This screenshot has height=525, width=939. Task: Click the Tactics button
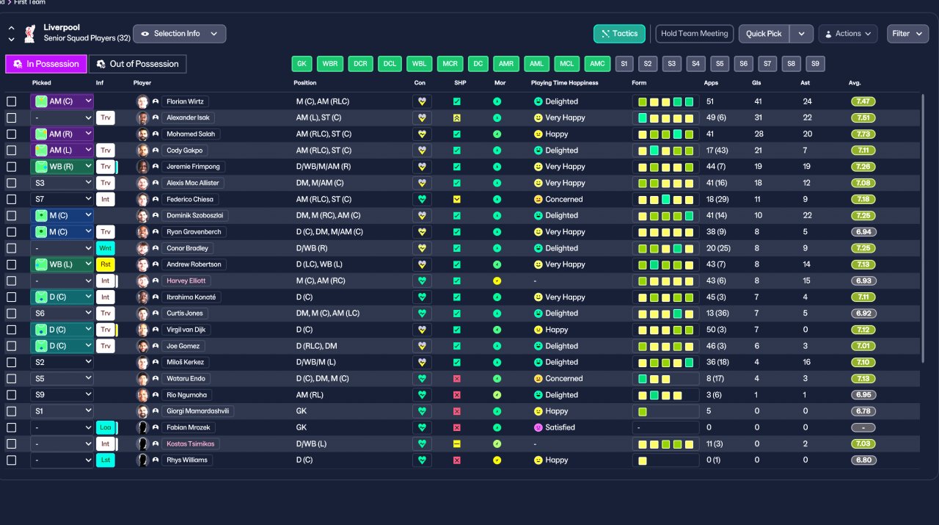point(619,34)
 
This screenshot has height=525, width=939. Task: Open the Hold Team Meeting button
point(694,34)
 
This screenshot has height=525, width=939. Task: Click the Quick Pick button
point(764,34)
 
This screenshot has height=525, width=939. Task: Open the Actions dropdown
point(848,34)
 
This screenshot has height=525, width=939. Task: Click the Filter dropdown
point(907,34)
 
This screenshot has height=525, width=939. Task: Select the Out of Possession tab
point(137,65)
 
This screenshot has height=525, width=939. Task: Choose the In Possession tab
point(46,65)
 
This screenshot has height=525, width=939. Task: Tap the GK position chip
point(302,64)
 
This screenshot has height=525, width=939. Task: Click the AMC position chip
point(597,64)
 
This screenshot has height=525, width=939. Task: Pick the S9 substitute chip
point(815,64)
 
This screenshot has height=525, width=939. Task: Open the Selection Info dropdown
point(180,34)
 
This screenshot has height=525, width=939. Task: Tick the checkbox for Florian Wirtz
point(11,101)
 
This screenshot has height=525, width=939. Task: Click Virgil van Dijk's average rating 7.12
point(863,330)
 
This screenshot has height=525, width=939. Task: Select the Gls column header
point(756,83)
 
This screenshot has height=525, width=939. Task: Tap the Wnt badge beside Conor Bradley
point(106,248)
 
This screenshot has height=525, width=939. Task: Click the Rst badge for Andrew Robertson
point(106,264)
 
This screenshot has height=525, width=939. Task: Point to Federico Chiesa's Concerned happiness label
point(563,200)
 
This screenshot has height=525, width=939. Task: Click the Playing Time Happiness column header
point(564,83)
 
